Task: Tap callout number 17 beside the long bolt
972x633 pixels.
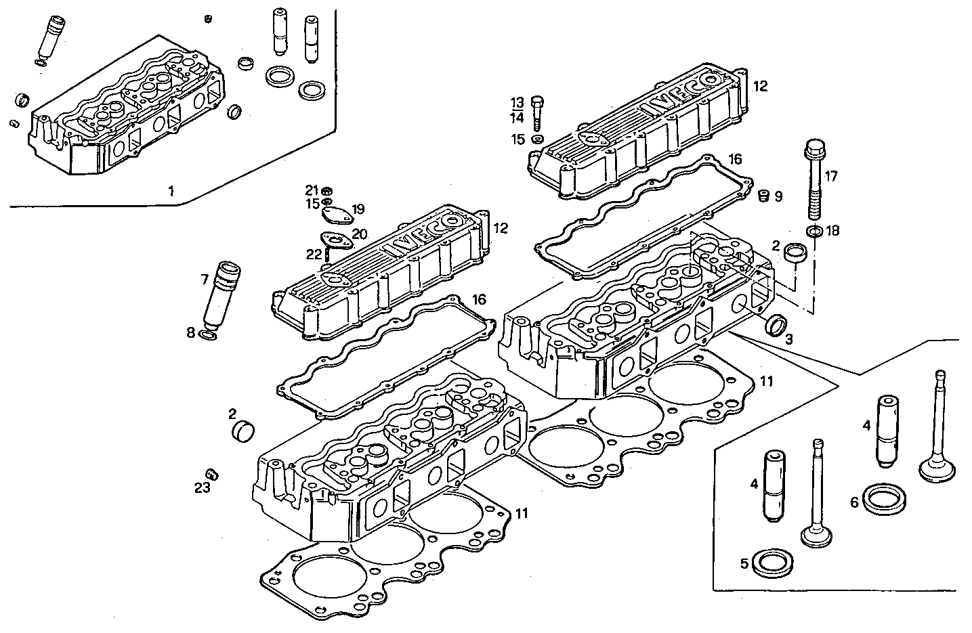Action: click(x=831, y=177)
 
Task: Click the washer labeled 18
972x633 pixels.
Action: click(x=816, y=232)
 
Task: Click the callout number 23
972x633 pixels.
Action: click(x=203, y=487)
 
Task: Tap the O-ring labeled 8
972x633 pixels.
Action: click(x=209, y=333)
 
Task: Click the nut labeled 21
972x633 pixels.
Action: click(x=326, y=190)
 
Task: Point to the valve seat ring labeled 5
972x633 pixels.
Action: click(x=770, y=562)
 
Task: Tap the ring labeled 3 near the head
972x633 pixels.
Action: click(x=775, y=324)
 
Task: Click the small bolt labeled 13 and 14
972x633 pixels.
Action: click(x=536, y=113)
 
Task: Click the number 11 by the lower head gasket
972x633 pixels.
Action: click(x=522, y=513)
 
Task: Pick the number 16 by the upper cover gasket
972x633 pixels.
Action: click(x=735, y=159)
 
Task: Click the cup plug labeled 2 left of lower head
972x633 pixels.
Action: click(x=245, y=430)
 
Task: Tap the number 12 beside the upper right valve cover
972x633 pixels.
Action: click(x=760, y=86)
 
